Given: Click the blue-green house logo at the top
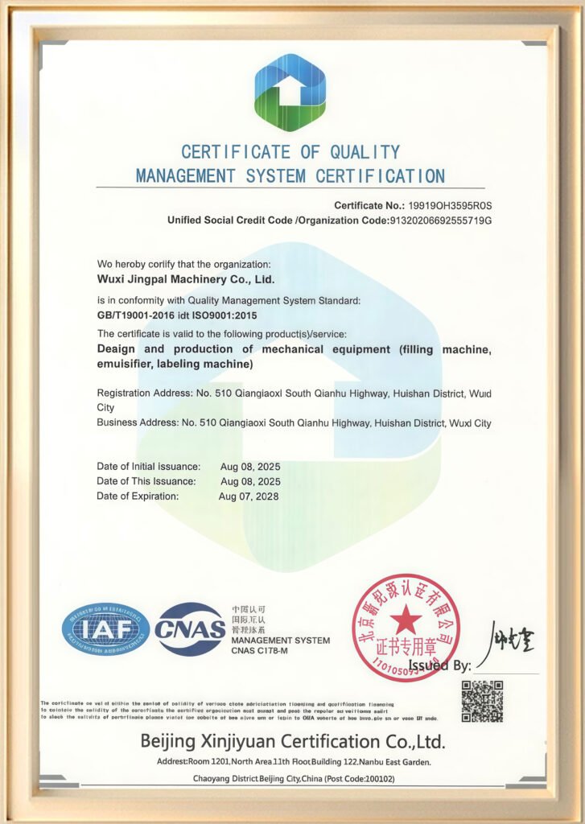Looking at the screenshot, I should pyautogui.click(x=290, y=86).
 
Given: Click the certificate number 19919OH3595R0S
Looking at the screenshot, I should pyautogui.click(x=451, y=206).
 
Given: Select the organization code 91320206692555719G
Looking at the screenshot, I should pyautogui.click(x=440, y=220).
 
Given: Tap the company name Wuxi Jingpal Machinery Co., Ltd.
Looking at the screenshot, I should pyautogui.click(x=185, y=280).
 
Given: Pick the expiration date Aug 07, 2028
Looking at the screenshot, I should pyautogui.click(x=249, y=496).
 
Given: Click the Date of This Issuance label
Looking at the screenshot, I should pyautogui.click(x=146, y=481).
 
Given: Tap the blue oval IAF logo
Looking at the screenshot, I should pyautogui.click(x=105, y=628).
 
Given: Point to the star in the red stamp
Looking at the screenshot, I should pyautogui.click(x=406, y=619).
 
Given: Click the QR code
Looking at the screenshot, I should pyautogui.click(x=482, y=701).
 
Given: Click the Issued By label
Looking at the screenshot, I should pyautogui.click(x=440, y=665).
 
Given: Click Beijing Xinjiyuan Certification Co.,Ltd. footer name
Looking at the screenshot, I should pyautogui.click(x=292, y=741).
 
